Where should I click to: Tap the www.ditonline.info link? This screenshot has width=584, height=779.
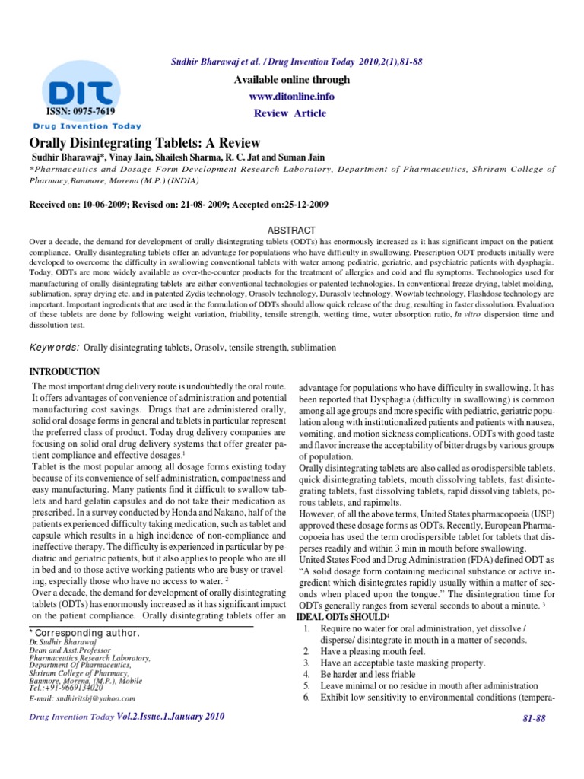tap(291, 97)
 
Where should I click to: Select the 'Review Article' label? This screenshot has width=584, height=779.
tap(290, 113)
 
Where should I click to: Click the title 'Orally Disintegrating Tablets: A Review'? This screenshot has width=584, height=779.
tap(144, 143)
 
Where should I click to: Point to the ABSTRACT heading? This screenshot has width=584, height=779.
tap(292, 230)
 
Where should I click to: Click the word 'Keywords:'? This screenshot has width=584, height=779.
tap(54, 347)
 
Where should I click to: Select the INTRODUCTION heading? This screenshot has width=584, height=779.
tap(64, 372)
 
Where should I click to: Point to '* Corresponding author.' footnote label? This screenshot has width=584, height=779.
tap(83, 632)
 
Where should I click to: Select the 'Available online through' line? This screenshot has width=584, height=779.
tap(291, 80)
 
